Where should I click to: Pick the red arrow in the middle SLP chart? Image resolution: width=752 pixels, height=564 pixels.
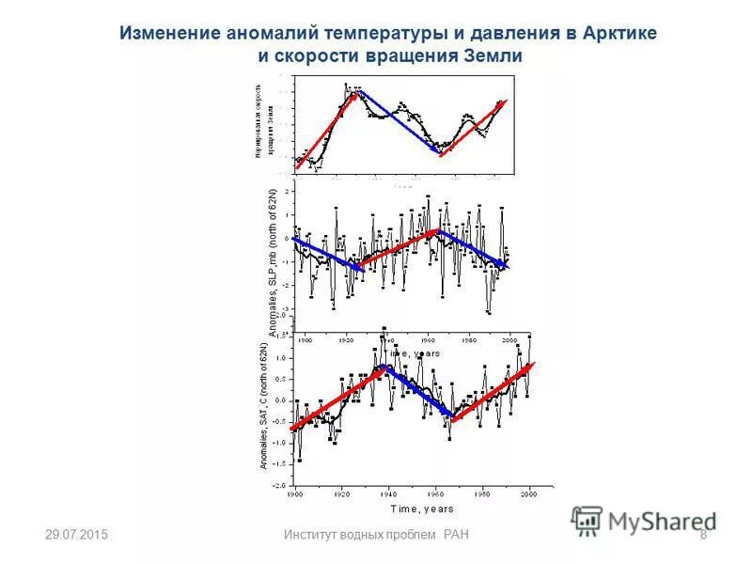pyautogui.click(x=399, y=245)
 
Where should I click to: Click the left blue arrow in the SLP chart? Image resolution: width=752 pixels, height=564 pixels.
pyautogui.click(x=327, y=254)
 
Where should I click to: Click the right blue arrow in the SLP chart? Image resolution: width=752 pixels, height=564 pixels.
pyautogui.click(x=474, y=250)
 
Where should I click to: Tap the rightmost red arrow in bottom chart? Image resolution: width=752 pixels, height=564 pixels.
pyautogui.click(x=492, y=392)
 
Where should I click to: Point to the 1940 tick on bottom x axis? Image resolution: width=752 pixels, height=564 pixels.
pyautogui.click(x=387, y=493)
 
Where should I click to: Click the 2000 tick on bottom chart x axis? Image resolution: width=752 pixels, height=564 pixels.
pyautogui.click(x=529, y=493)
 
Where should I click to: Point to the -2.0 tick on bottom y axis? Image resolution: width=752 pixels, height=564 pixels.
pyautogui.click(x=280, y=486)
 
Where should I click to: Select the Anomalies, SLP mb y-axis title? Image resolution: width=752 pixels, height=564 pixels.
pyautogui.click(x=274, y=263)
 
